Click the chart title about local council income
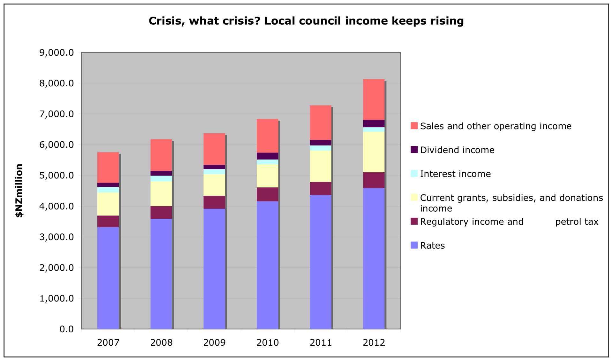[306, 21]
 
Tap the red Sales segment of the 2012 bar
[374, 99]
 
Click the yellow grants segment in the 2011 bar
[321, 166]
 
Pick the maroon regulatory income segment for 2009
[214, 202]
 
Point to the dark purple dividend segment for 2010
[267, 156]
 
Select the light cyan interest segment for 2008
[161, 178]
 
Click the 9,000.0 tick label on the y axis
[57, 52]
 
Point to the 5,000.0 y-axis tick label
[57, 175]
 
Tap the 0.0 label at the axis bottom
[66, 329]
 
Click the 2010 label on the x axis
[268, 343]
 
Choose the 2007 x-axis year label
[108, 343]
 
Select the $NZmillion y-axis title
[19, 191]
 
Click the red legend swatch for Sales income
[414, 126]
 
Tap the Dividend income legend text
[457, 150]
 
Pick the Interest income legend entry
[455, 174]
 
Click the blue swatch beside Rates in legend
[414, 245]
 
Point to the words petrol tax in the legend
[576, 222]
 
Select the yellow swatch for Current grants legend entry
[414, 197]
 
